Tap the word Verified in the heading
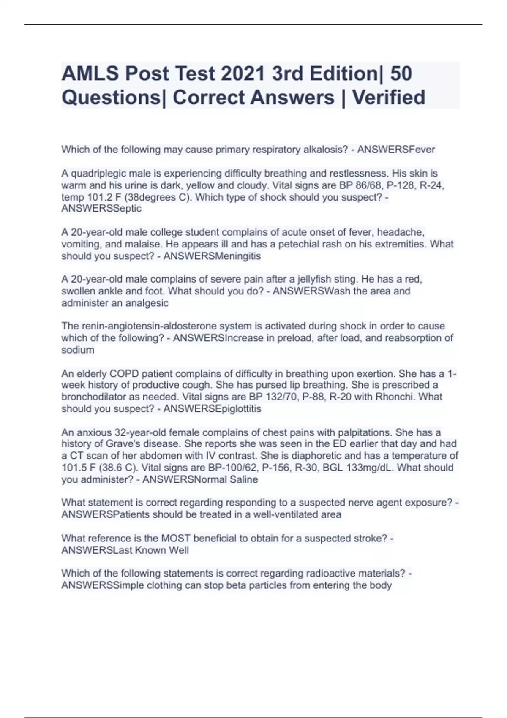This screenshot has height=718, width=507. [389, 98]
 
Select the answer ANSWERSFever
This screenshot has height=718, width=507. [396, 150]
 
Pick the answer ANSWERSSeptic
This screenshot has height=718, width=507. [101, 209]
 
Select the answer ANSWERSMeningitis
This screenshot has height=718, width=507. [212, 256]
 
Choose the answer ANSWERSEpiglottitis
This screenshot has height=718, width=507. [212, 409]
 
